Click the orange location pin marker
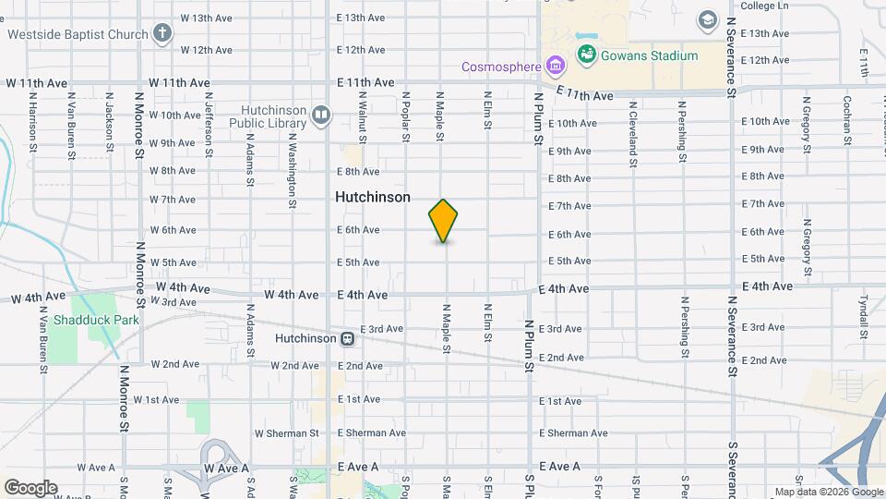(x=444, y=221)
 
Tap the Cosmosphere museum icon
(x=555, y=66)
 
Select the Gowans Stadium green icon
(x=586, y=55)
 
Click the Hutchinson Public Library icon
(x=321, y=116)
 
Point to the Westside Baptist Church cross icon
(x=162, y=35)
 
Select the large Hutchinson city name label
(x=372, y=197)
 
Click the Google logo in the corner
(x=30, y=487)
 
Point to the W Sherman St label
(x=286, y=432)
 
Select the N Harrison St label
(x=32, y=120)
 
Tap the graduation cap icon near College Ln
(x=708, y=20)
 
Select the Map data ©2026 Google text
(x=829, y=492)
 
